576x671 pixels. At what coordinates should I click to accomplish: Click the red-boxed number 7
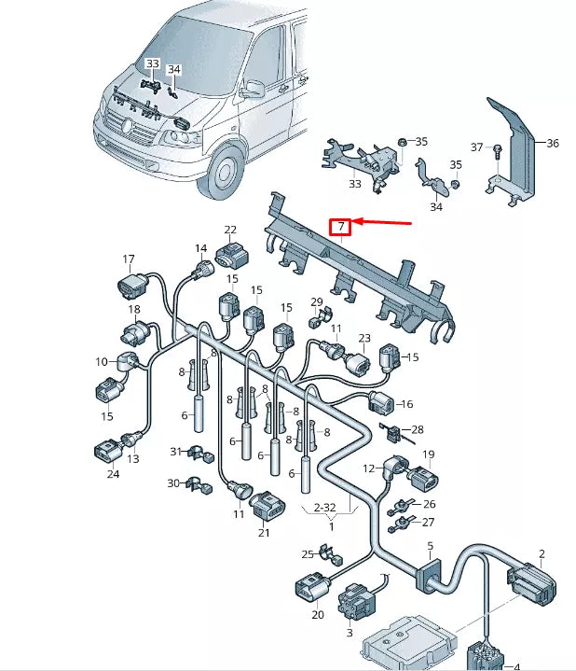(341, 227)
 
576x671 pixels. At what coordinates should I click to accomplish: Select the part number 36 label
(552, 144)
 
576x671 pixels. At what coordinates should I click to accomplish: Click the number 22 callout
(230, 230)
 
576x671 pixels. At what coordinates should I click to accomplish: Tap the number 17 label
(129, 259)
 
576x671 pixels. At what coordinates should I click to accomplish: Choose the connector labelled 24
(103, 453)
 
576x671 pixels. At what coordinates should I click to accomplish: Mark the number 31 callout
(173, 452)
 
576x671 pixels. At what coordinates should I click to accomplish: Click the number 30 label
(172, 483)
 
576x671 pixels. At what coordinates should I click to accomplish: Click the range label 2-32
(324, 508)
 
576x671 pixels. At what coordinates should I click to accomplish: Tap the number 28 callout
(417, 429)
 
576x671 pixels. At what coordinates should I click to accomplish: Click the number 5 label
(430, 546)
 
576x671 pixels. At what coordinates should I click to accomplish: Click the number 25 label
(308, 555)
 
